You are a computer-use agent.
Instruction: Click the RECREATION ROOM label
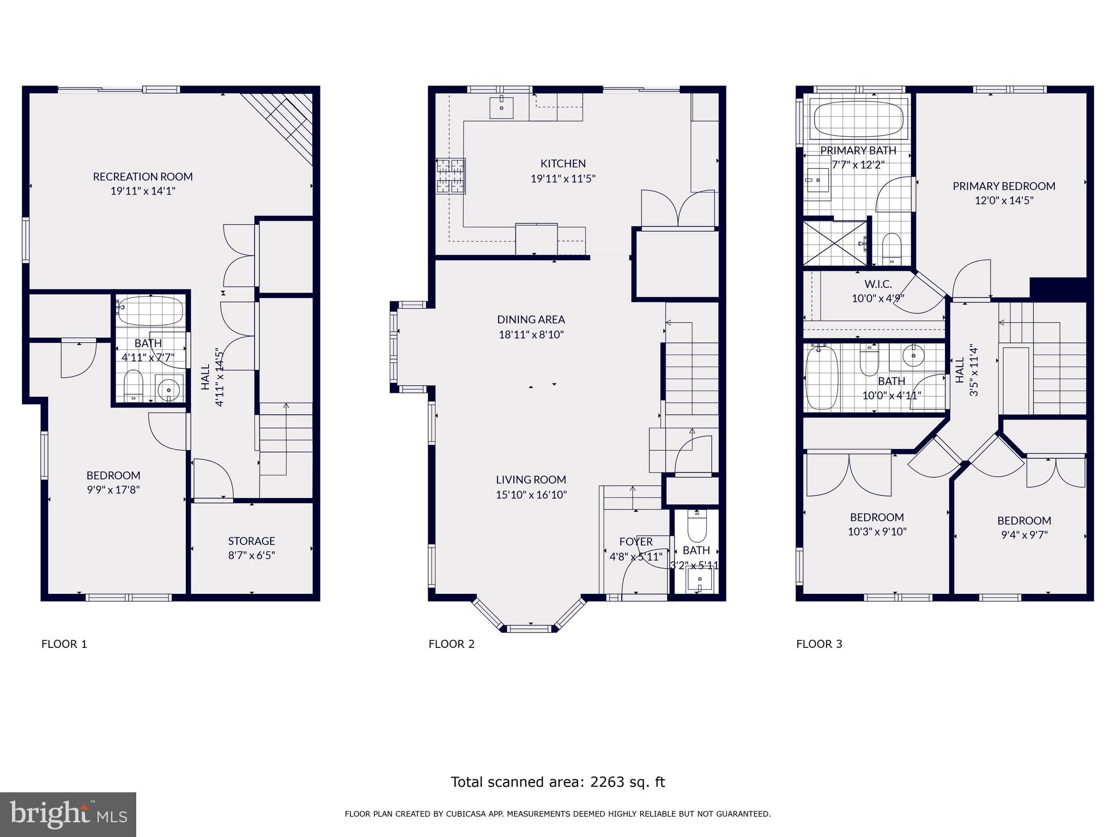point(143,177)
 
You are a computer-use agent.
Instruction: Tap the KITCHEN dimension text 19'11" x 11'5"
point(563,178)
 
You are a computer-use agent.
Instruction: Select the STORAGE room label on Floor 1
point(251,541)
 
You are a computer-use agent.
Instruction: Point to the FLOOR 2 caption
point(451,644)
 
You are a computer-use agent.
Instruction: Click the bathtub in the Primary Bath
point(858,120)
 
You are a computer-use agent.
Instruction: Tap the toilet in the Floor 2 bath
point(697,525)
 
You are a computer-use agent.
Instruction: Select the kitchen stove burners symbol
point(451,175)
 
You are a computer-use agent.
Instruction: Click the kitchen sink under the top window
point(501,107)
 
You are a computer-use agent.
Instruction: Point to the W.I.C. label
point(878,284)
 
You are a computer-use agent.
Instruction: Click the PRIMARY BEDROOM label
point(1004,186)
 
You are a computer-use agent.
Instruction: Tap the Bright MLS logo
point(68,815)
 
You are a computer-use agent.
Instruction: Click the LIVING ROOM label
point(531,480)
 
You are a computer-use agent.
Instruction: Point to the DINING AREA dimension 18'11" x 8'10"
point(531,335)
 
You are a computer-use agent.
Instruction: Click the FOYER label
point(636,542)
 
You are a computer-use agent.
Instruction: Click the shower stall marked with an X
point(835,244)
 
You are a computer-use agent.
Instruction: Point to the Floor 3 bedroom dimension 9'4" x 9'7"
point(1024,535)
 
